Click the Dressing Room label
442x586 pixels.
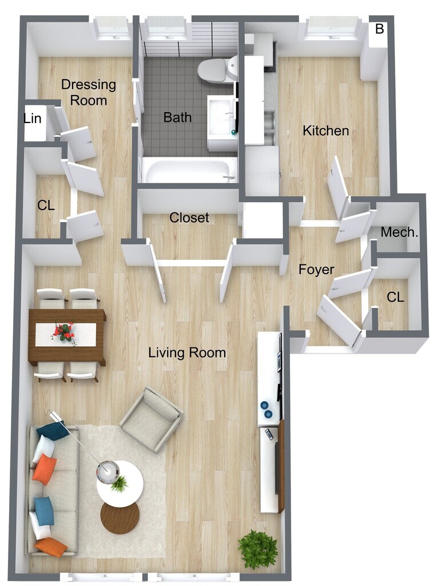(88, 92)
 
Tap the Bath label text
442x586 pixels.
(177, 117)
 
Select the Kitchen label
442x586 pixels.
(325, 130)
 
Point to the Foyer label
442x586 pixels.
(316, 269)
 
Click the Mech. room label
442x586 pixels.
(400, 232)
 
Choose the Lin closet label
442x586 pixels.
(33, 118)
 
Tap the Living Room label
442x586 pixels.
(187, 353)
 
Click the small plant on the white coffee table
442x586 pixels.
(120, 484)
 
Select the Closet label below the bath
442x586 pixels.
(189, 217)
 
